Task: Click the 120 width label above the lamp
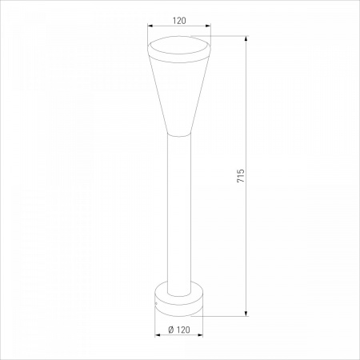click(179, 21)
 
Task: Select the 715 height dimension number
click(241, 175)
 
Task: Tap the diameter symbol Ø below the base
click(171, 330)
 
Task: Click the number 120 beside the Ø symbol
click(183, 330)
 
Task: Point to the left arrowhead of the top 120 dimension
click(150, 26)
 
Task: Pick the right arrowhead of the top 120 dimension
click(208, 26)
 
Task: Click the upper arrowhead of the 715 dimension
click(246, 39)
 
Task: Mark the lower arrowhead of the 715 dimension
click(246, 314)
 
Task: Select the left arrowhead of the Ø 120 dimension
click(158, 335)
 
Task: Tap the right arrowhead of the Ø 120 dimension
click(200, 335)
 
